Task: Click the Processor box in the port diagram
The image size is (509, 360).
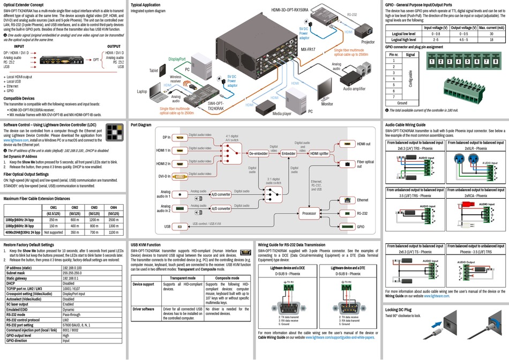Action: pos(309,214)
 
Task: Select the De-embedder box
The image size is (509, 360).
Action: pos(258,154)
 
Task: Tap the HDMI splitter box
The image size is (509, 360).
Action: pos(320,154)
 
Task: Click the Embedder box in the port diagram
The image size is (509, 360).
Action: pos(288,154)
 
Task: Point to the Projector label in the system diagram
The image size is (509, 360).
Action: pos(368,41)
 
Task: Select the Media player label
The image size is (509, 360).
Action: pos(282,114)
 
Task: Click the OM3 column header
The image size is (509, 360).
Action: pos(94,207)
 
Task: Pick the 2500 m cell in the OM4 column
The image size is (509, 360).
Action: pos(113,220)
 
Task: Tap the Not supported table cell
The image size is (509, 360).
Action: pos(54,232)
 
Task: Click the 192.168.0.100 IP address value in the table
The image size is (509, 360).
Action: pos(76,267)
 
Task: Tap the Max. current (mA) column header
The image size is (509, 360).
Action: pos(491,27)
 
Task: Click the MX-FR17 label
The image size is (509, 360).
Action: pos(308,49)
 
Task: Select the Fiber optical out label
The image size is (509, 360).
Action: pos(365,164)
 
